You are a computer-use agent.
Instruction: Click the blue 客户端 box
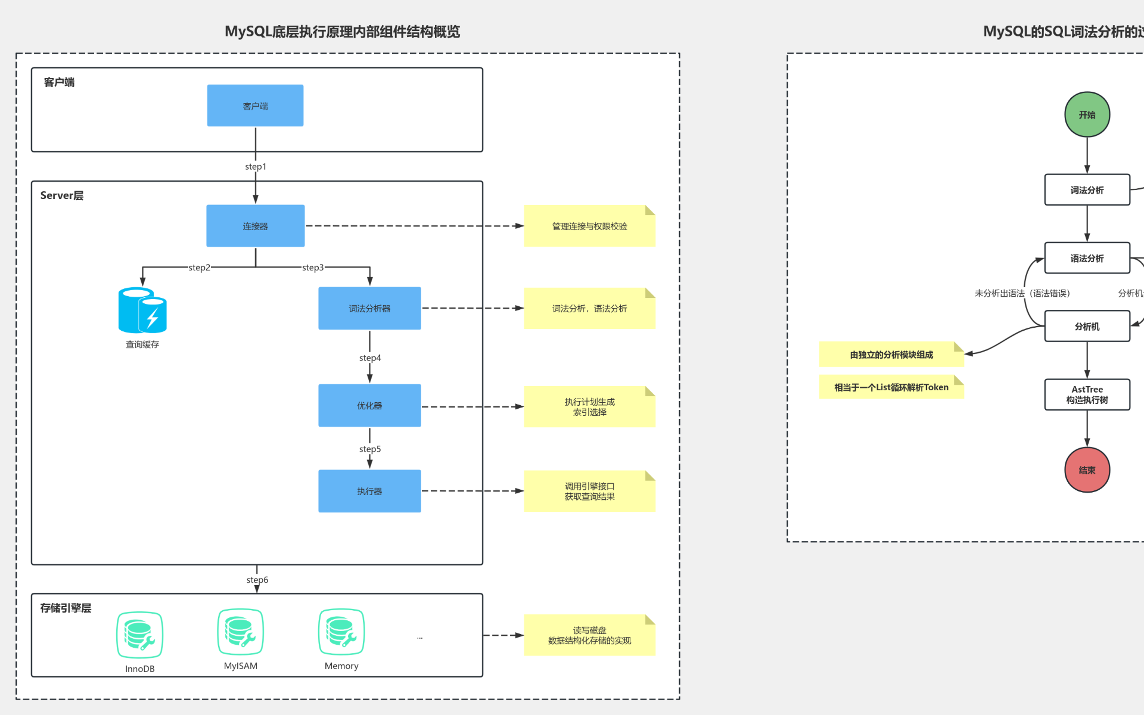(255, 105)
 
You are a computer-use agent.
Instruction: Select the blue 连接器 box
(255, 226)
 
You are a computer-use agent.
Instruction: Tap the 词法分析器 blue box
(369, 308)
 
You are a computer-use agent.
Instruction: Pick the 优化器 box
(369, 405)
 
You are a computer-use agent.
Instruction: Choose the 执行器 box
(369, 491)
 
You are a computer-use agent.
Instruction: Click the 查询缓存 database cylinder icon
(142, 310)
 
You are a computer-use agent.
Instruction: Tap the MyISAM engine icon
(240, 632)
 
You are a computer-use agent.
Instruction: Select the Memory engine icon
(341, 632)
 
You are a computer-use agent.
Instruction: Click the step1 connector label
(256, 166)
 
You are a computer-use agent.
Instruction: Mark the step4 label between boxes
(370, 357)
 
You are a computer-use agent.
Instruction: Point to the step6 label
(257, 580)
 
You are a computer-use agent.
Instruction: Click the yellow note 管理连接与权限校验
(589, 226)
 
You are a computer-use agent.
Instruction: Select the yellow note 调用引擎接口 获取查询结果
(589, 491)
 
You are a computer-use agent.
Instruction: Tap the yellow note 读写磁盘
(589, 635)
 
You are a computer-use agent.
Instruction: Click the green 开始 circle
(1087, 114)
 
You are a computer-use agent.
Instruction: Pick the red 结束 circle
(1087, 470)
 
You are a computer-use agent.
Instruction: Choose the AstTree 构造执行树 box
(1087, 394)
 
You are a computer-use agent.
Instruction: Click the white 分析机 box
(1087, 326)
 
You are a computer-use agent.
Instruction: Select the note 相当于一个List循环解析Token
(891, 387)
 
